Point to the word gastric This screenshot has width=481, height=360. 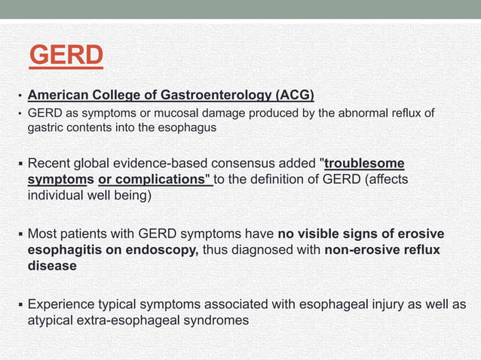46,127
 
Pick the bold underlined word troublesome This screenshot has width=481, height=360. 364,163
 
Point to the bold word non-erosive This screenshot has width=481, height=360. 362,250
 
